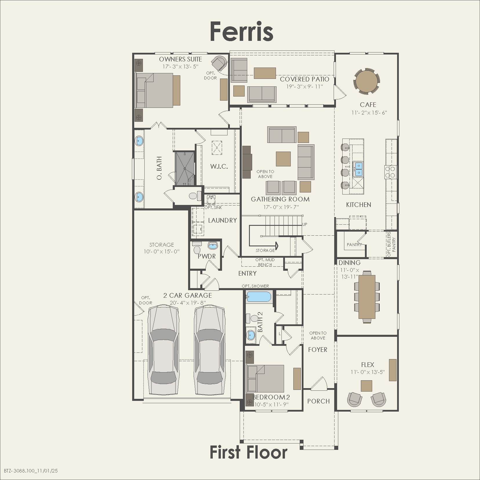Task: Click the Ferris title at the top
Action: coord(241,31)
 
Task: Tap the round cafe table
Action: coord(366,81)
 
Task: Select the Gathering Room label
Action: coord(280,199)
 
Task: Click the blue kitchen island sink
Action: coord(359,169)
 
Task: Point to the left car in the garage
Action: coord(163,351)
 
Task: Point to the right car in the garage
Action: coord(210,351)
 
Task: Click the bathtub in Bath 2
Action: coord(259,297)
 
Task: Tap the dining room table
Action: coord(367,297)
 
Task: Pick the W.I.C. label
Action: coord(219,167)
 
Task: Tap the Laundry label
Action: coord(222,220)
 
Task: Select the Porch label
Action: coord(318,401)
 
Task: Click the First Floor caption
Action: coord(248,452)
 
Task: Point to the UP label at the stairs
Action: coord(305,224)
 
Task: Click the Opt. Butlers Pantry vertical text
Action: coord(391,244)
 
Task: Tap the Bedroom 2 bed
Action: coord(265,378)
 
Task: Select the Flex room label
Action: coord(368,365)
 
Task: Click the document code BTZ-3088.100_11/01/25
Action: coord(31,471)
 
